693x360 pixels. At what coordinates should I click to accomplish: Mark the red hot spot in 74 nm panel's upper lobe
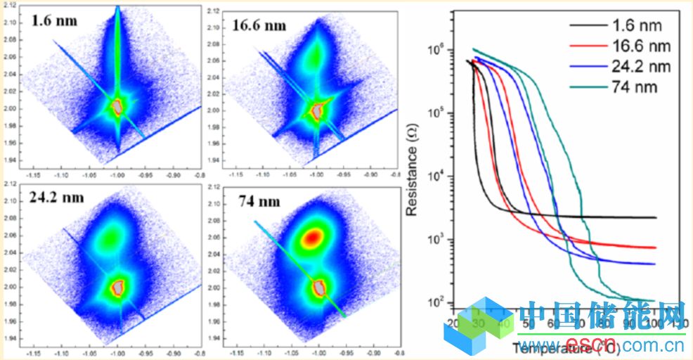pyautogui.click(x=313, y=238)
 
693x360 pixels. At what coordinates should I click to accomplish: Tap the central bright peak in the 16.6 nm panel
pyautogui.click(x=318, y=110)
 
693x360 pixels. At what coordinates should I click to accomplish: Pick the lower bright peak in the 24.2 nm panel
pyautogui.click(x=118, y=286)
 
